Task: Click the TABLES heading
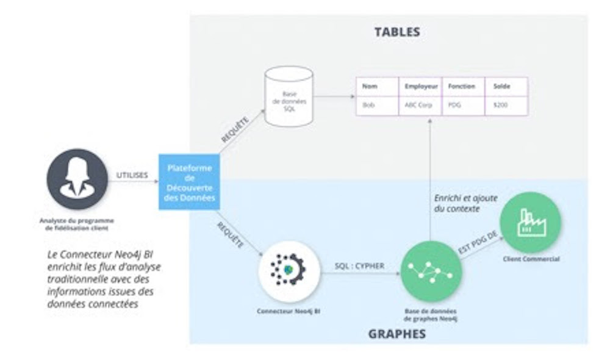[x=397, y=32]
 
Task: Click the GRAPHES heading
[x=396, y=334]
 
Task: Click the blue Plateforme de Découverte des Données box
[x=190, y=182]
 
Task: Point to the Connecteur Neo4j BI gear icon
[x=289, y=269]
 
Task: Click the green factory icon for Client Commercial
[x=530, y=222]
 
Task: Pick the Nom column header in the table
[x=370, y=87]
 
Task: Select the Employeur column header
[x=421, y=87]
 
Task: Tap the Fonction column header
[x=461, y=87]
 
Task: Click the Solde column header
[x=502, y=87]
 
